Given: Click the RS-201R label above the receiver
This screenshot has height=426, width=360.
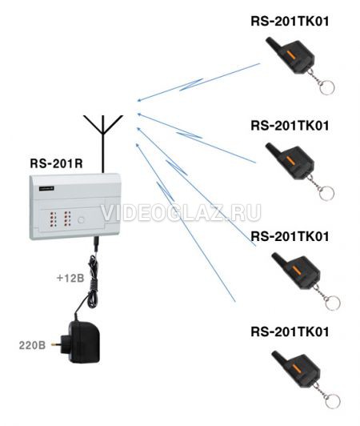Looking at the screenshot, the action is pyautogui.click(x=56, y=163).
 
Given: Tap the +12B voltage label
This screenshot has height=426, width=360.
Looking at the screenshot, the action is pyautogui.click(x=70, y=278).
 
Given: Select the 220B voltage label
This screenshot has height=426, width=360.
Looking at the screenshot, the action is pyautogui.click(x=32, y=346).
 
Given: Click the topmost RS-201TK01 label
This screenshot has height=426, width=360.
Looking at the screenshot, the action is pyautogui.click(x=290, y=21).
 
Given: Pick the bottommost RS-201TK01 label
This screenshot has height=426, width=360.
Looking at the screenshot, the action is pyautogui.click(x=290, y=332).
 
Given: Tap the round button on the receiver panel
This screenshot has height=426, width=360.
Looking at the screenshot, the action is pyautogui.click(x=81, y=220).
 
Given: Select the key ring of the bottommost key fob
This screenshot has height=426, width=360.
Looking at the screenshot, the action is pyautogui.click(x=332, y=401).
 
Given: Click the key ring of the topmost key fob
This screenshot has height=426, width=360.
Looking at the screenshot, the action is pyautogui.click(x=326, y=87).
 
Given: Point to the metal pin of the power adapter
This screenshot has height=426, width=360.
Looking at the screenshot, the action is pyautogui.click(x=56, y=344).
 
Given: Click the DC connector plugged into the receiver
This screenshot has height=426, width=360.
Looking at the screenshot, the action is pyautogui.click(x=95, y=244).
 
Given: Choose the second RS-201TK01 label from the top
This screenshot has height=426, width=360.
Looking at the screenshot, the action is pyautogui.click(x=290, y=126).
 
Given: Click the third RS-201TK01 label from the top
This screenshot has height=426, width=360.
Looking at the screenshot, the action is pyautogui.click(x=290, y=236).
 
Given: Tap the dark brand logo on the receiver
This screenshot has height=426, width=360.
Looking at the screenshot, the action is pyautogui.click(x=46, y=188).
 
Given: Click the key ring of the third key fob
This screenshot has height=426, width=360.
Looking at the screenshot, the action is pyautogui.click(x=332, y=303).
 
